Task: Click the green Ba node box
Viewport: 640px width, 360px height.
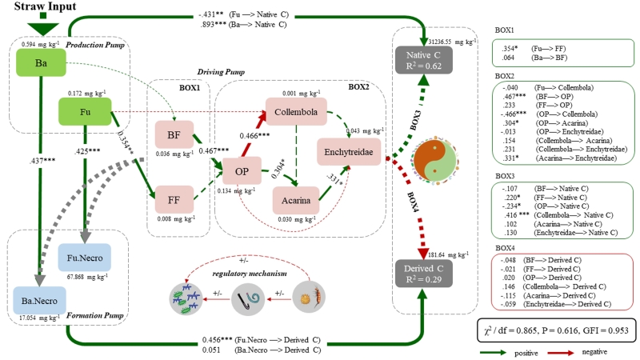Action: pos(39,63)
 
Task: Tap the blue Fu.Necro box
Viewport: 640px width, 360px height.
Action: pos(84,258)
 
